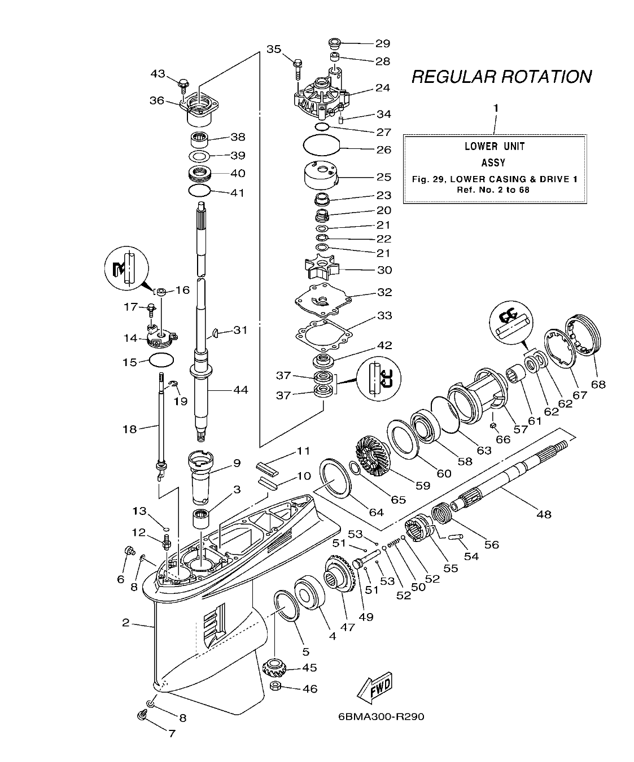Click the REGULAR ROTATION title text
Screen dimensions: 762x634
tap(501, 77)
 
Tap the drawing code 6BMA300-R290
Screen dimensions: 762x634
tap(381, 717)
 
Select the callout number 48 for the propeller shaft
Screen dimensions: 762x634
tap(544, 514)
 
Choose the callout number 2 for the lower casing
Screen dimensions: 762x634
tap(126, 623)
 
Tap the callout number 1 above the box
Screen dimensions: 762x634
tap(496, 108)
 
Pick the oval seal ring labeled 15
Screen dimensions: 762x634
tap(161, 359)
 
